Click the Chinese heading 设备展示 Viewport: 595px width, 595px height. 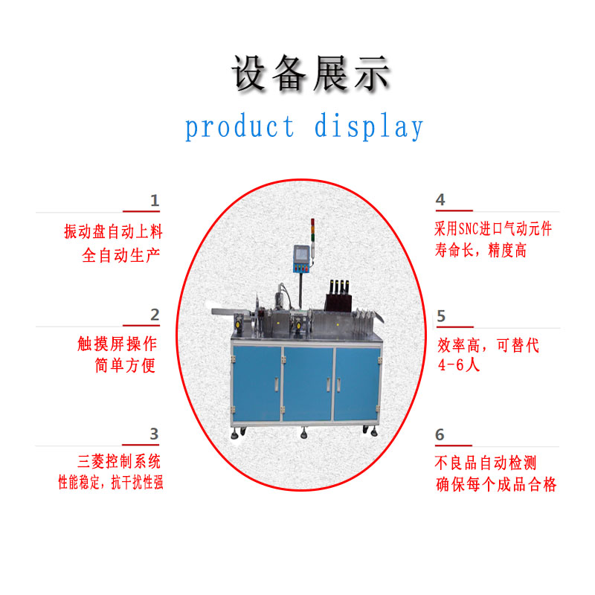point(311,73)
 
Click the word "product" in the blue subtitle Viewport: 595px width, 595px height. point(239,126)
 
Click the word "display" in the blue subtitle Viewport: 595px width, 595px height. point(369,126)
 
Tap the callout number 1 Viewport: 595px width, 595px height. point(155,200)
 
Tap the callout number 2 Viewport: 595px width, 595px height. point(155,315)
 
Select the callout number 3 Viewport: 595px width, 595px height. point(154,434)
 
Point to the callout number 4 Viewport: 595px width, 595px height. point(440,199)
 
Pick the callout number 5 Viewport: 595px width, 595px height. point(441,316)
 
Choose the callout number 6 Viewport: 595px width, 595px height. point(440,434)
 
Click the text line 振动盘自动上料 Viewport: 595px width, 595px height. point(114,231)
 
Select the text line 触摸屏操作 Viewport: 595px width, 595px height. point(118,344)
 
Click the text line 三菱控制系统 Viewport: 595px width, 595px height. point(119,461)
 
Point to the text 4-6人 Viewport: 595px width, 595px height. point(459,365)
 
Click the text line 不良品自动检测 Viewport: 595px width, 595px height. point(486,463)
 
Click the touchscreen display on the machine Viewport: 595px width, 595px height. point(302,254)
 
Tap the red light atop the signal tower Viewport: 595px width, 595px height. point(312,222)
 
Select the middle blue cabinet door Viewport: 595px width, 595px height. point(308,383)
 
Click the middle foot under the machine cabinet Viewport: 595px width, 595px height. point(303,433)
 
